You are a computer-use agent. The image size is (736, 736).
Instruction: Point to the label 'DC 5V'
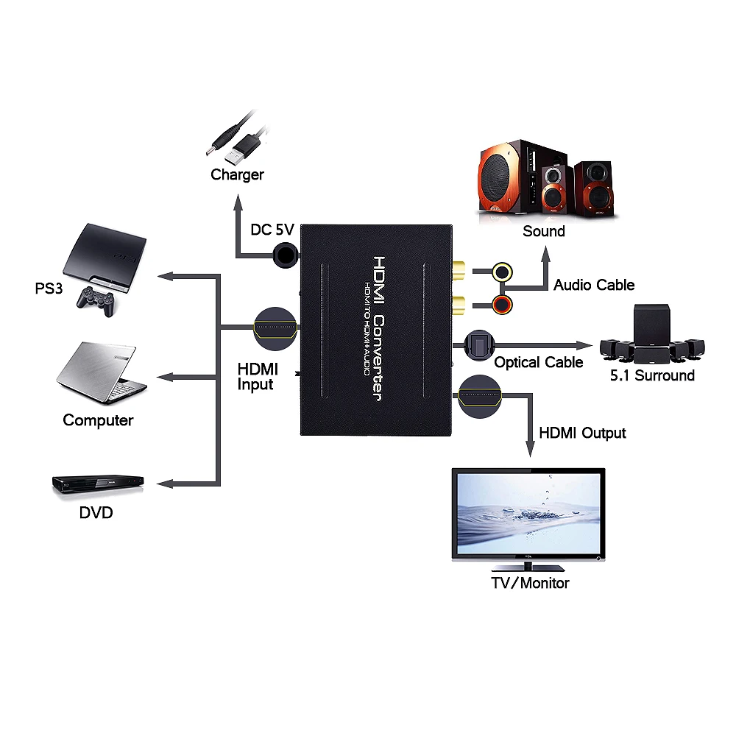tap(272, 230)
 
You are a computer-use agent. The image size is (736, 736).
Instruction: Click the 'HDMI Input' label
tap(255, 375)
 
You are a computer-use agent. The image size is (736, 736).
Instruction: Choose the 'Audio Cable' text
tap(594, 285)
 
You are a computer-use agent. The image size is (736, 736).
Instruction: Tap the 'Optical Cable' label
tap(538, 362)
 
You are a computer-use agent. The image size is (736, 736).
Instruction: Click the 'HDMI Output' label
tap(582, 433)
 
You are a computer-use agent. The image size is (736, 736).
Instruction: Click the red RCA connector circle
tap(503, 302)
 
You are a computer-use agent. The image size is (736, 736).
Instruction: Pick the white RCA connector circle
tap(503, 272)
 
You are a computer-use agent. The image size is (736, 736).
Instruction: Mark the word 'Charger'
tap(237, 175)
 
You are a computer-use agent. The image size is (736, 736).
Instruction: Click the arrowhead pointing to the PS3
tap(166, 276)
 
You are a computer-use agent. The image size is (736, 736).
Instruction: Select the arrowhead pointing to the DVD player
tap(166, 484)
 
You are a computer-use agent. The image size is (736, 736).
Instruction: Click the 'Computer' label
tap(98, 420)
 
